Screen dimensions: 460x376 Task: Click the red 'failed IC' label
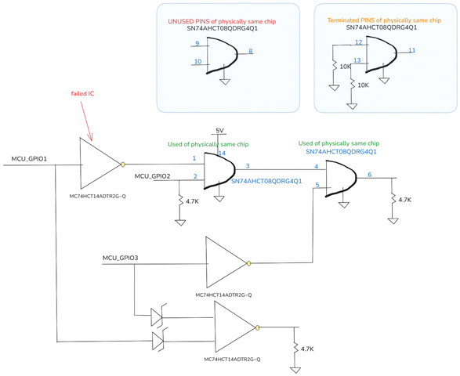pyautogui.click(x=82, y=93)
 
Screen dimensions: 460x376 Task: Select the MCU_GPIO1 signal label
pyautogui.click(x=29, y=159)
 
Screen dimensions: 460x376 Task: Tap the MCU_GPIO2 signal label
pyautogui.click(x=152, y=176)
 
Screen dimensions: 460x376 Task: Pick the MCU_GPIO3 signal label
pyautogui.click(x=120, y=258)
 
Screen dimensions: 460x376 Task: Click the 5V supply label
pyautogui.click(x=219, y=131)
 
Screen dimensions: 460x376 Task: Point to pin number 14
pyautogui.click(x=222, y=153)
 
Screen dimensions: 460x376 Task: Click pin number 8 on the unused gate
pyautogui.click(x=251, y=52)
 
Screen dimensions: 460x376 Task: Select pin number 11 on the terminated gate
pyautogui.click(x=412, y=50)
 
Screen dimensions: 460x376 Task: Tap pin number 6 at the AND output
pyautogui.click(x=370, y=175)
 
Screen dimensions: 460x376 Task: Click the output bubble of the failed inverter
pyautogui.click(x=123, y=164)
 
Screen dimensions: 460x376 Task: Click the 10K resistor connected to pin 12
pyautogui.click(x=334, y=66)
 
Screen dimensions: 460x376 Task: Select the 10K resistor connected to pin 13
pyautogui.click(x=351, y=85)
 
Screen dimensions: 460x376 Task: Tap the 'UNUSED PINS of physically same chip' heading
pyautogui.click(x=222, y=22)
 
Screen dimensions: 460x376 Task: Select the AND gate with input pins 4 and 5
pyautogui.click(x=341, y=179)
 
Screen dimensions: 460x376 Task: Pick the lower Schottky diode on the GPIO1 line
pyautogui.click(x=158, y=341)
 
